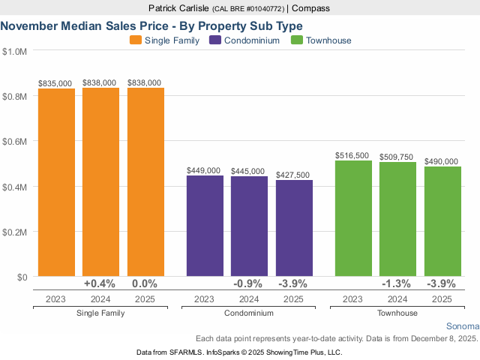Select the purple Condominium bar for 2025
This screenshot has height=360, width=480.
click(294, 228)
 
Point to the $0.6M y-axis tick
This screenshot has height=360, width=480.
click(16, 141)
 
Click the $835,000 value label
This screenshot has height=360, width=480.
click(56, 82)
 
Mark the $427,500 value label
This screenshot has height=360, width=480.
click(294, 174)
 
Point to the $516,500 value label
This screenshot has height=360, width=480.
click(353, 155)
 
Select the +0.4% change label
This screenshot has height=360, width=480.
click(100, 283)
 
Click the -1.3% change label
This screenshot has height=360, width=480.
click(397, 283)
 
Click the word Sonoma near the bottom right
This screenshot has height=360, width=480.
click(462, 327)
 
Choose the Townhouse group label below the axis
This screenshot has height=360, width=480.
click(397, 312)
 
